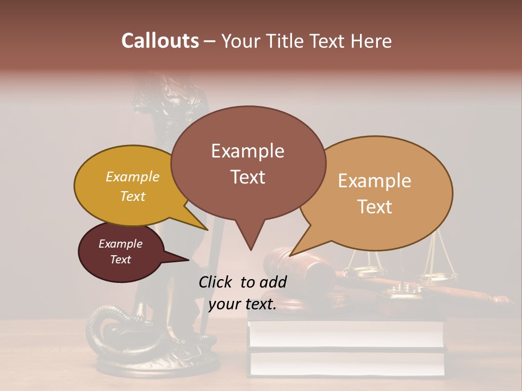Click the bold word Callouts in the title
(160, 41)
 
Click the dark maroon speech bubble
(121, 252)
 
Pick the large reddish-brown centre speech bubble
(248, 163)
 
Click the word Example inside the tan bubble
(375, 181)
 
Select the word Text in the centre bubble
(248, 177)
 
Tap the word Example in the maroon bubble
(121, 244)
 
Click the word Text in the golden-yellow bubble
(133, 196)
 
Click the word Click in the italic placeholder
(216, 282)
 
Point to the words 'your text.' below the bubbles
(243, 304)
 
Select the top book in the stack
(346, 332)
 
